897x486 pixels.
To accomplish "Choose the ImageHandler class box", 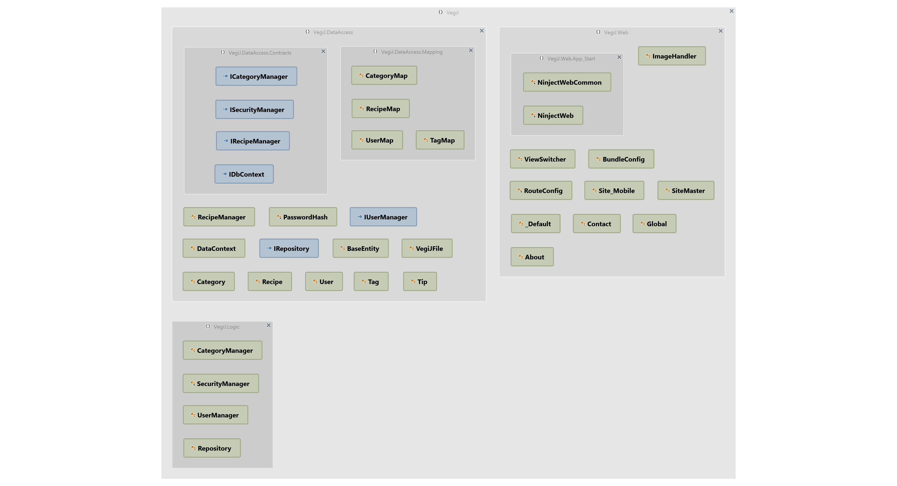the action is tap(672, 56).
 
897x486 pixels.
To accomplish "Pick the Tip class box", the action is tap(420, 282).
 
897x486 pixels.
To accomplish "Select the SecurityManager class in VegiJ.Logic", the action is tap(221, 384).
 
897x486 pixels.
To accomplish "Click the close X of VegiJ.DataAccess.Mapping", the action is tap(471, 50).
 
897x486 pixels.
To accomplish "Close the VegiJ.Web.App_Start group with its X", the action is tap(619, 57).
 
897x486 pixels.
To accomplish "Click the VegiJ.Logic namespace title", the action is tap(226, 327).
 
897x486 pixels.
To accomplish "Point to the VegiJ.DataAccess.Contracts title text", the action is tap(260, 53).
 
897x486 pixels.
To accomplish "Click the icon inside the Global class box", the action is tap(642, 224).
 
